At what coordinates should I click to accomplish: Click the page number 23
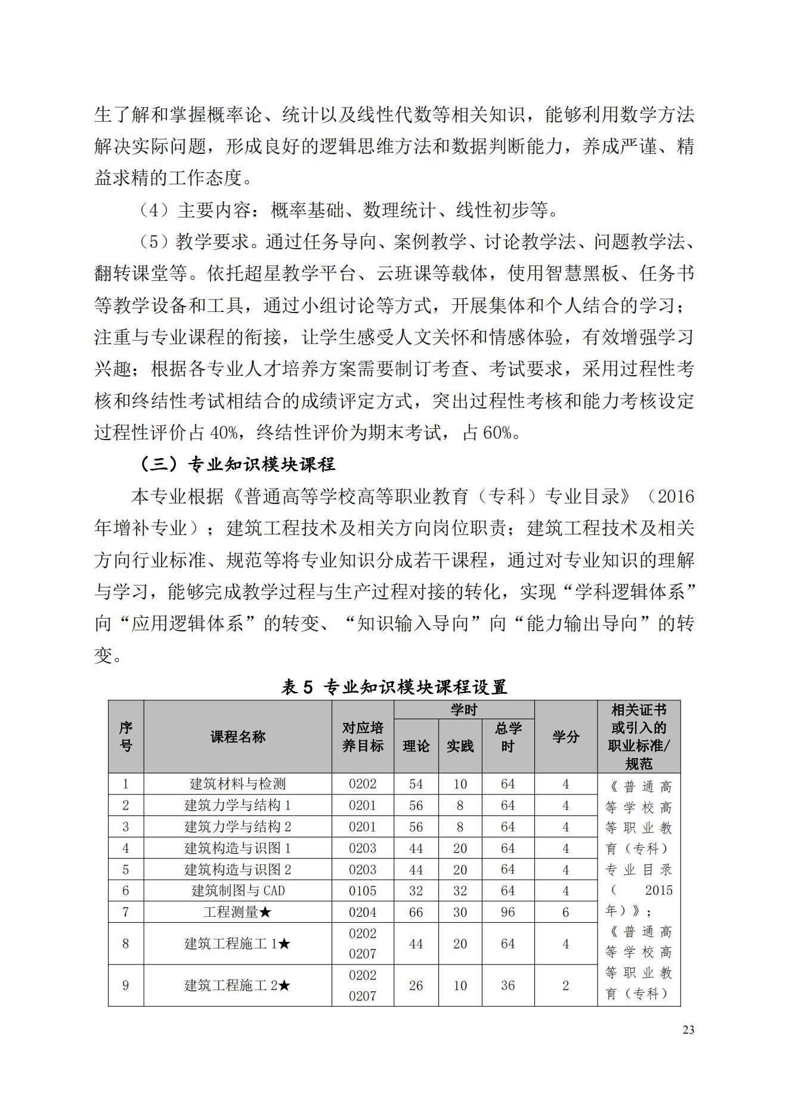(688, 1030)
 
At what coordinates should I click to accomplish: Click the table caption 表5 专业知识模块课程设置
(394, 687)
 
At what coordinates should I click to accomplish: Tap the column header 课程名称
(237, 737)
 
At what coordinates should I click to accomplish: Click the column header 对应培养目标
(363, 737)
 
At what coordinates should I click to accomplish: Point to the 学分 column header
(565, 737)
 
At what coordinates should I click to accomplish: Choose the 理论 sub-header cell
(416, 746)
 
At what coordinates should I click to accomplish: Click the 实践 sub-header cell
(460, 746)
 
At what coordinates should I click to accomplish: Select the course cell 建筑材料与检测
(237, 784)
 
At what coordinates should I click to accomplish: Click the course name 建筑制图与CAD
(237, 891)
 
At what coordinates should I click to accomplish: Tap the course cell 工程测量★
(237, 912)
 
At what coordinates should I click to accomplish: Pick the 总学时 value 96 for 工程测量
(508, 912)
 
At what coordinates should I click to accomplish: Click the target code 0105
(363, 891)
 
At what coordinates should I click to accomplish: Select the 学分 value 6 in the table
(565, 912)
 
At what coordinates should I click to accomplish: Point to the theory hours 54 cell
(416, 784)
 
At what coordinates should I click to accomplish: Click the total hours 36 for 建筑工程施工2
(508, 985)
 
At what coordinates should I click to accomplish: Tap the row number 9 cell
(125, 985)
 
